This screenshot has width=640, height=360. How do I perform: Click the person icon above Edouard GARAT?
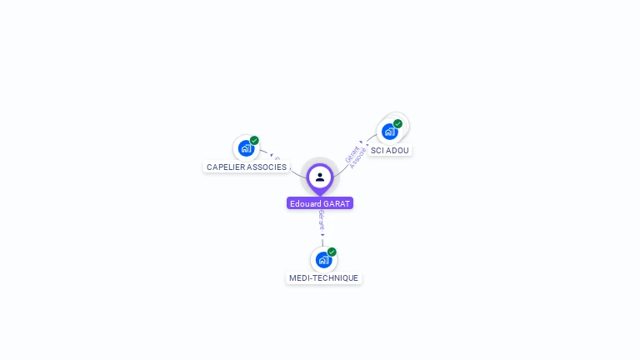tap(320, 177)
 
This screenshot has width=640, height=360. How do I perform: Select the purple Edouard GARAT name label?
tap(320, 203)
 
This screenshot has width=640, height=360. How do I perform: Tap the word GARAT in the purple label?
tap(337, 203)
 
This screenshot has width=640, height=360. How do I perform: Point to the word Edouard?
tap(305, 203)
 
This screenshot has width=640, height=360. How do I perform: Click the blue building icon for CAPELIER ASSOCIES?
tap(245, 148)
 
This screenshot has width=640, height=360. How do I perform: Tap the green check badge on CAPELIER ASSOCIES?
tap(254, 141)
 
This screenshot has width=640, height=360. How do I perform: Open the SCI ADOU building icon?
tap(389, 132)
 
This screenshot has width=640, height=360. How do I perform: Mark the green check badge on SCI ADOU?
tap(397, 124)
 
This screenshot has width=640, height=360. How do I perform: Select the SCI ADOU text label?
tap(390, 151)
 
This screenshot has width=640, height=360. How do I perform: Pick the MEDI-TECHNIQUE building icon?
tap(323, 260)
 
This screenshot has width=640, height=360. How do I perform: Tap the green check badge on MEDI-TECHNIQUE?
tap(332, 252)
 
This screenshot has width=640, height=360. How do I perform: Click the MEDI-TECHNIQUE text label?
tap(323, 278)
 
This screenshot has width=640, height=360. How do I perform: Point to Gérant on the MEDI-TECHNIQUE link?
tap(322, 220)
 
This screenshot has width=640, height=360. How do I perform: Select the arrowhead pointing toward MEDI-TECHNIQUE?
tap(322, 235)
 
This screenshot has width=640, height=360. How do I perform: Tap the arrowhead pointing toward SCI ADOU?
tap(362, 142)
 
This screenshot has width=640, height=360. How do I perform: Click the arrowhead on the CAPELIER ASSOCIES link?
tap(272, 155)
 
